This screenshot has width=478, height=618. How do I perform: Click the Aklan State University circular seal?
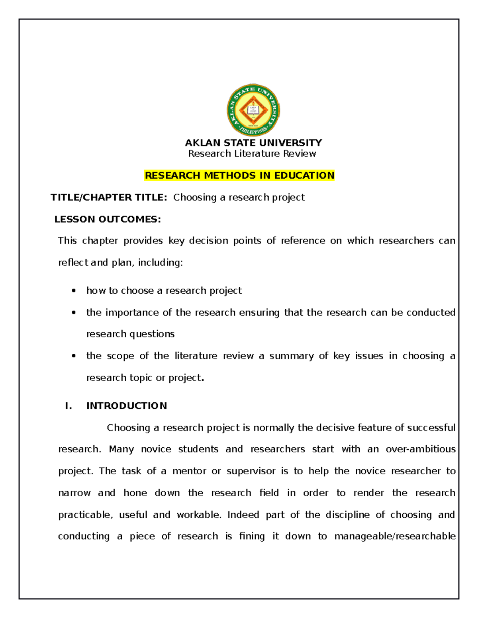point(253,110)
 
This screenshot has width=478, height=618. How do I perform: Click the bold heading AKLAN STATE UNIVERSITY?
point(253,142)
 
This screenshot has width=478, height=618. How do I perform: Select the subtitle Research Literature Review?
point(252,154)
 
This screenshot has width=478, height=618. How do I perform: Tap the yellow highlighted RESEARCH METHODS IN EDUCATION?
point(239,175)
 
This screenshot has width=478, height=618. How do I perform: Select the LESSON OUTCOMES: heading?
point(108,219)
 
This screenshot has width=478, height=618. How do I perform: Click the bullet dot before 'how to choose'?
point(74,291)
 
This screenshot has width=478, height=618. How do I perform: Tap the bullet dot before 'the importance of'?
point(74,313)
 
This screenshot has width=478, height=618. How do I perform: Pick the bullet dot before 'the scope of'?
point(74,356)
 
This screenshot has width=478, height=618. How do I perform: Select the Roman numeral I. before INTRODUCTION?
point(69,406)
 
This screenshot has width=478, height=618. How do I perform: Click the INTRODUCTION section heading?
point(127,406)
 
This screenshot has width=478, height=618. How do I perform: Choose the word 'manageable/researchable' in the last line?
point(395,536)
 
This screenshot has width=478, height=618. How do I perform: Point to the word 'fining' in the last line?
point(252,536)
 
